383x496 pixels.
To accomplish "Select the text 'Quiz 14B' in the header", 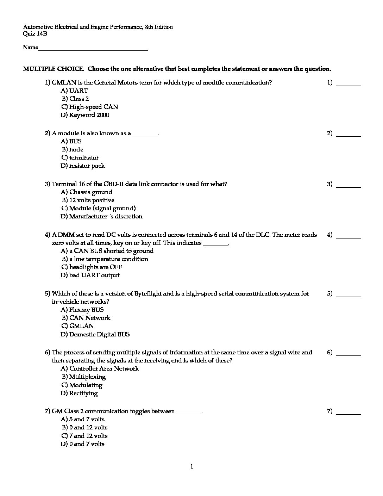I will (x=35, y=34).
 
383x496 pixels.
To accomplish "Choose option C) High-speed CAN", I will (x=89, y=107).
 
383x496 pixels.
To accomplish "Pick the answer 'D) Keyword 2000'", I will (x=85, y=115).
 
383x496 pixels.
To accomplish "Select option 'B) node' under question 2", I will (x=73, y=149).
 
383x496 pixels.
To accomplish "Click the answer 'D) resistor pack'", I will (x=83, y=166).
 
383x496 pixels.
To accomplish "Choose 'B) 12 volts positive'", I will (x=88, y=200).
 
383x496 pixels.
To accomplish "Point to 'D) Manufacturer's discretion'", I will (x=101, y=216).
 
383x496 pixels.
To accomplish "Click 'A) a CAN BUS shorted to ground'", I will (x=107, y=251).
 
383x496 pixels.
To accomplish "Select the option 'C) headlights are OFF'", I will (x=92, y=267).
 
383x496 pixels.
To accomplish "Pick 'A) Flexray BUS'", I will (x=82, y=310).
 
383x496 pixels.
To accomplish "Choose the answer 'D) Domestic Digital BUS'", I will (x=95, y=334).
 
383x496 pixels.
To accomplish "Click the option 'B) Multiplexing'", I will (x=84, y=377).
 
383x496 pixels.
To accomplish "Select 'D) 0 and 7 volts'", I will (x=83, y=444).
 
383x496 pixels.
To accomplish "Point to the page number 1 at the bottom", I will (x=191, y=467).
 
